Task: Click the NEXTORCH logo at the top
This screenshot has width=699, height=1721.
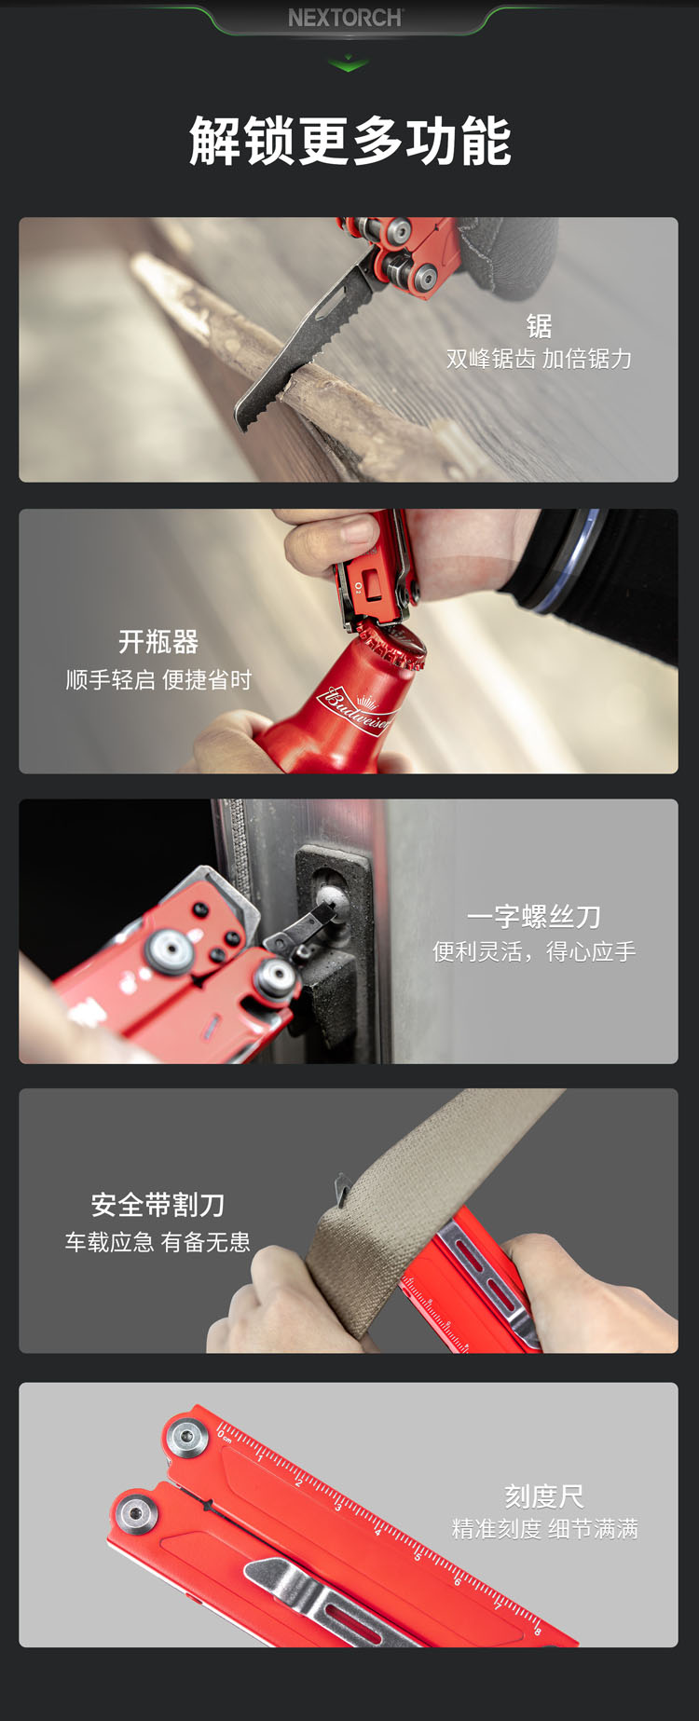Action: coord(345,18)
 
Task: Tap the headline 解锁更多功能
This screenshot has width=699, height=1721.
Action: coord(349,142)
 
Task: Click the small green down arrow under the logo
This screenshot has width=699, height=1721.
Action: coord(349,64)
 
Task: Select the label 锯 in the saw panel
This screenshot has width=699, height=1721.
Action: coord(539,325)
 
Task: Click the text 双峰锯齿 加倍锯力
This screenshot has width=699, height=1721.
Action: coord(539,359)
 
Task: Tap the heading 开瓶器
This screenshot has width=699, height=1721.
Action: coord(158,642)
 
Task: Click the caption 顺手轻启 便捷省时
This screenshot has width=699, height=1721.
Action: coord(158,680)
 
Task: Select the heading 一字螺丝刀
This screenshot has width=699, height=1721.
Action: coord(534,917)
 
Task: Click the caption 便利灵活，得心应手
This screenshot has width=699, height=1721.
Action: coord(534,951)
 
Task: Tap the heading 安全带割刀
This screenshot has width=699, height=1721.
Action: coord(158,1205)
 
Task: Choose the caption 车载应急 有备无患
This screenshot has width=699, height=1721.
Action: coord(158,1242)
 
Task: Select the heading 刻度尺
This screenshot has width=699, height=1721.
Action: coord(544,1496)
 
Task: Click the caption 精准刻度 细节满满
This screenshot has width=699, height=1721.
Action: coord(545,1529)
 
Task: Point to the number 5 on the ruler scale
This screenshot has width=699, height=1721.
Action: coord(418,1555)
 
